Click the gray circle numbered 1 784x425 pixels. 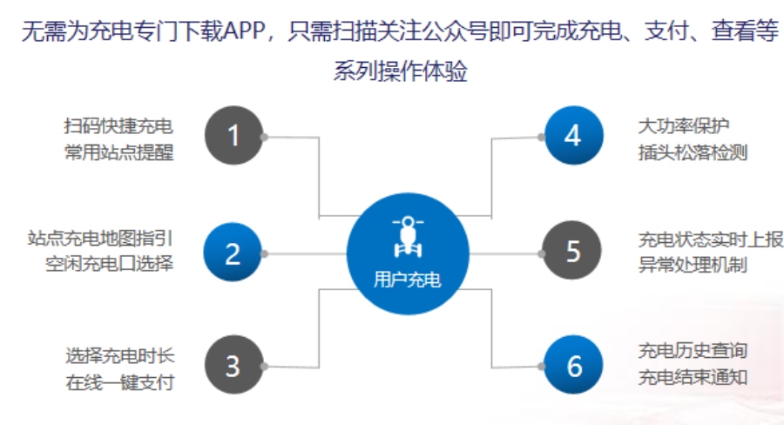pos(233,135)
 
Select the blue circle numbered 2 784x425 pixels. pos(233,252)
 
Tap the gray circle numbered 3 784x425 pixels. pos(233,365)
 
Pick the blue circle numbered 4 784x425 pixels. pos(573,135)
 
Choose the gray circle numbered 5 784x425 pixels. pos(571,250)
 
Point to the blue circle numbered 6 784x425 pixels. pos(573,365)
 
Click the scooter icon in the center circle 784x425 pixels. pos(408,237)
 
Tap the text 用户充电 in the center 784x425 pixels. pos(408,280)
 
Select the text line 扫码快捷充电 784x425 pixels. pos(118,126)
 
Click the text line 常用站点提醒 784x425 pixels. pos(119,152)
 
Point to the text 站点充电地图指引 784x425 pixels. pos(100,238)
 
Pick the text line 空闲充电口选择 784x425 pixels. pos(110,264)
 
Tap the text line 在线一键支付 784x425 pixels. pos(120,382)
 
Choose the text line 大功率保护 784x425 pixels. pos(684,126)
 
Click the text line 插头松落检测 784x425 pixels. pos(693,152)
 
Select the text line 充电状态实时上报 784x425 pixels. pos(711,240)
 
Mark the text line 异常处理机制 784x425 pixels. pos(693,265)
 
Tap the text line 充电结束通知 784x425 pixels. pos(693,377)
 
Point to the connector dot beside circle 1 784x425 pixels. pos(264,137)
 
